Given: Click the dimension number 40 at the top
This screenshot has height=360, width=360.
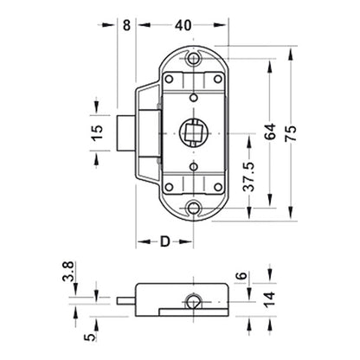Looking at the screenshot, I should tap(183, 25).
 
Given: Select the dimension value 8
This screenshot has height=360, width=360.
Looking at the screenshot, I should tap(127, 25).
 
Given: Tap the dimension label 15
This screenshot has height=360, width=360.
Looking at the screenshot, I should tap(98, 132).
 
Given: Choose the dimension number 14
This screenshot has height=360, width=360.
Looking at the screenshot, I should tap(245, 300).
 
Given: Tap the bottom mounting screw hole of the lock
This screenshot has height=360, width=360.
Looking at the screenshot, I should tap(191, 208).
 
